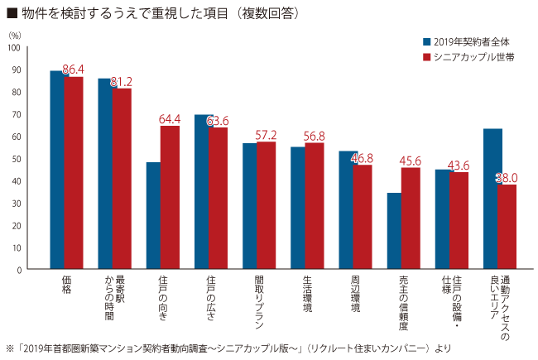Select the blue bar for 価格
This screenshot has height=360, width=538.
[57, 170]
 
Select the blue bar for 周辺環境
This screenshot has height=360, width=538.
[346, 210]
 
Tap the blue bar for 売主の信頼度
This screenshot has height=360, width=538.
[394, 232]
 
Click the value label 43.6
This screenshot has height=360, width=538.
[459, 166]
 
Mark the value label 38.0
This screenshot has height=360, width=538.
[507, 177]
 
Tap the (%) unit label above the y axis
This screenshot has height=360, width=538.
[15, 35]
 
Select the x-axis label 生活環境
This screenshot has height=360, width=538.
[307, 294]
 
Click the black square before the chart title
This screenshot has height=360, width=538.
[11, 13]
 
